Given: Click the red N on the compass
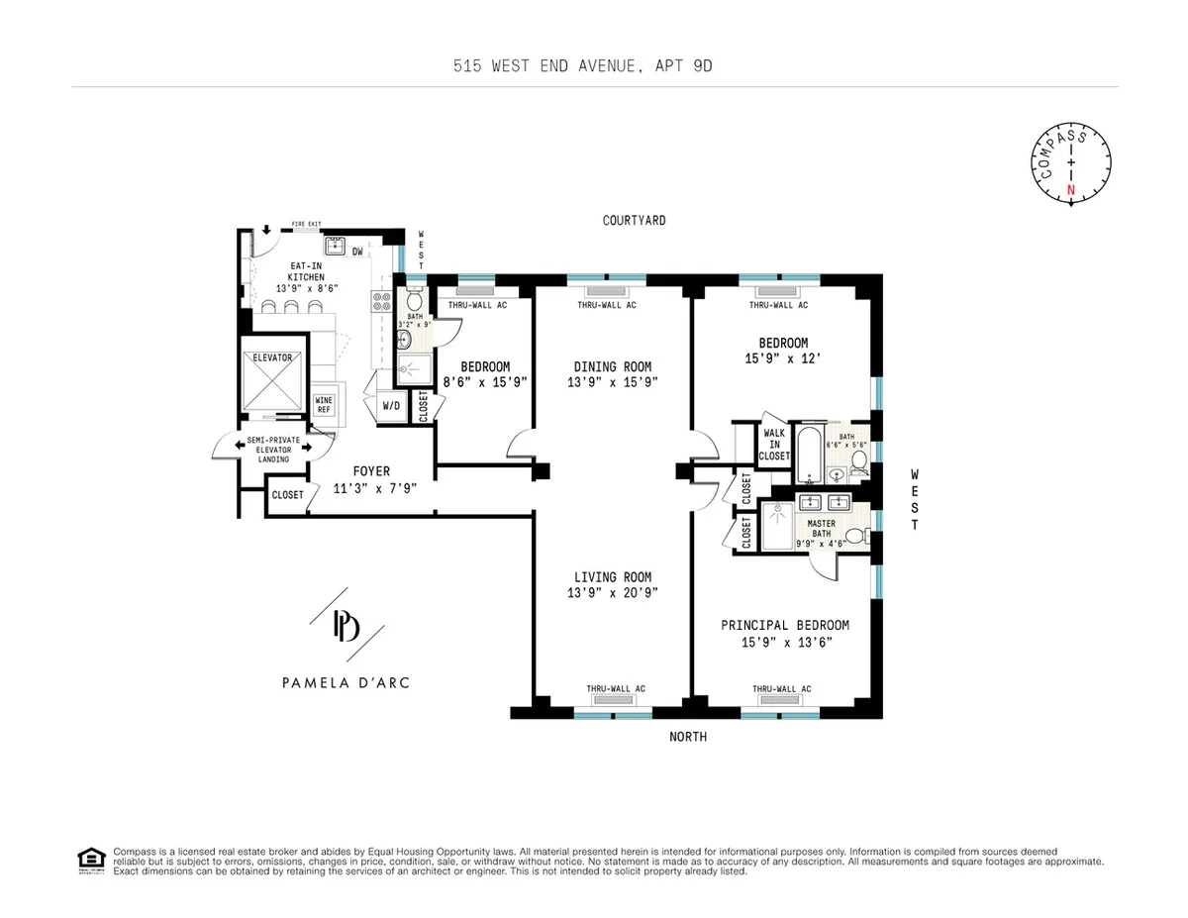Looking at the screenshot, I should (1069, 188).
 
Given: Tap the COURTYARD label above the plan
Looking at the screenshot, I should (634, 220).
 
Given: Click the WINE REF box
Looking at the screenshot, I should (324, 405).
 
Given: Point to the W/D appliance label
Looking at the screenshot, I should (391, 406).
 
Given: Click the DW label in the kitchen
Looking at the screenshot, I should (356, 251).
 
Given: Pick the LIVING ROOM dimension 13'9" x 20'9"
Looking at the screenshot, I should (613, 592).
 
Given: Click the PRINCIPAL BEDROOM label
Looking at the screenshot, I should (784, 625).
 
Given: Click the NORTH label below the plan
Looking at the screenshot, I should (688, 737).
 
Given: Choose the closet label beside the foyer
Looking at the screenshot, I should (287, 494).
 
